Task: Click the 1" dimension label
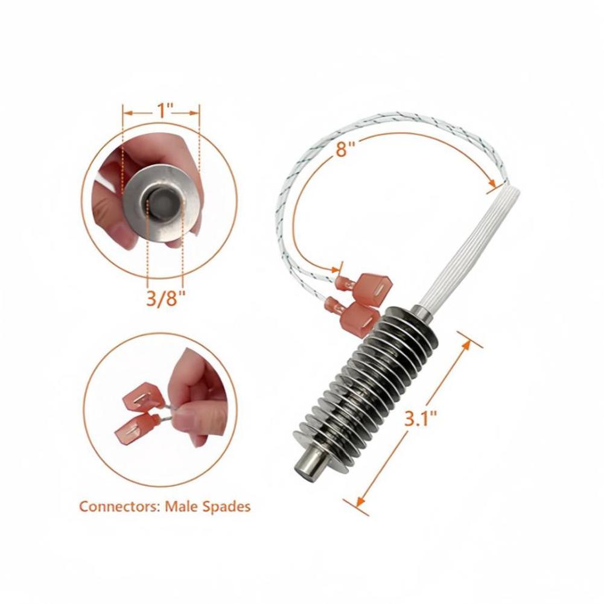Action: tap(162, 110)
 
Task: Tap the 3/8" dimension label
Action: tap(163, 299)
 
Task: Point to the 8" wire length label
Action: tap(342, 148)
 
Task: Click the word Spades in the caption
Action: tap(226, 506)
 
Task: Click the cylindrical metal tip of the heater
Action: tap(307, 465)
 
